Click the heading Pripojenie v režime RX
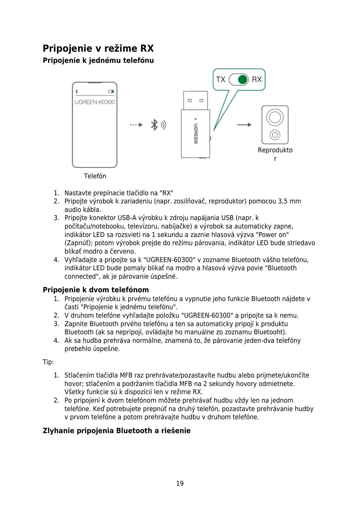(98, 48)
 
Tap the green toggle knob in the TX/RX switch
(242, 79)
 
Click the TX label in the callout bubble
(221, 79)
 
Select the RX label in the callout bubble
(257, 79)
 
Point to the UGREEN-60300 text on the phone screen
(95, 102)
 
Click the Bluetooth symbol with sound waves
(158, 125)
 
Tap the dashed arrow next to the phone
(136, 125)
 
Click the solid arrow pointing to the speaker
(244, 125)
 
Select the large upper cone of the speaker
(275, 117)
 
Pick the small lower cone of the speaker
(275, 135)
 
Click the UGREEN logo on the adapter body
(196, 133)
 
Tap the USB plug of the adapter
(195, 100)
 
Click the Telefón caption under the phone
(95, 176)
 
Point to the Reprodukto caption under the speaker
(275, 150)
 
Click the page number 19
(180, 483)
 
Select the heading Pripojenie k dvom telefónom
(96, 290)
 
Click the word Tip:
(48, 362)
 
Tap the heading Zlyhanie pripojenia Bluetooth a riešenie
(117, 431)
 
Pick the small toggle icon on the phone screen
(111, 91)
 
